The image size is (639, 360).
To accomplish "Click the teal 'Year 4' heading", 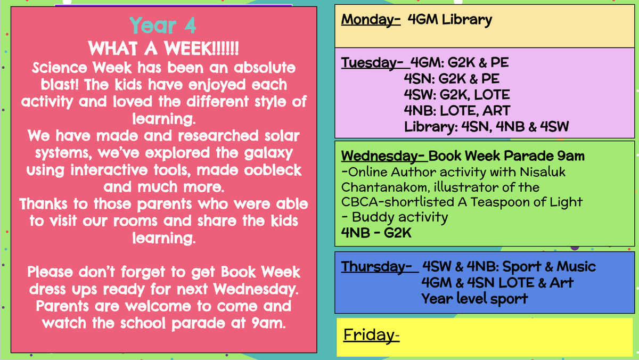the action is [163, 26].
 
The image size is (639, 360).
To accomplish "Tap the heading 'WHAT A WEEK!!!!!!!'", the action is [163, 48].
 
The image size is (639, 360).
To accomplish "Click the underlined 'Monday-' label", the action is [371, 20].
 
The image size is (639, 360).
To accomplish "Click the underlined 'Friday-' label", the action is [372, 335].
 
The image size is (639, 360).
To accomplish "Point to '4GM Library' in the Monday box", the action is [450, 20].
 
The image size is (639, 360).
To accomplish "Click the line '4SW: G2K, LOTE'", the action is [457, 95].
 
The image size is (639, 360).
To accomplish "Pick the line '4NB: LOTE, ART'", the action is [457, 111].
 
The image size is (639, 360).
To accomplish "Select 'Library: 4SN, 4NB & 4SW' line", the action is [486, 127].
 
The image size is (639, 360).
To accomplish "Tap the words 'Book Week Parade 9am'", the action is [506, 156].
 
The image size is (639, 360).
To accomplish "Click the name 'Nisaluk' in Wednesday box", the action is [543, 172].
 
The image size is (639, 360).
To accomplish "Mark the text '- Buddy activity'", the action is [395, 217].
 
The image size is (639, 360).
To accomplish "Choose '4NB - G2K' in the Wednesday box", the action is [376, 233].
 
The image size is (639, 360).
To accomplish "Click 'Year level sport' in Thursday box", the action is [474, 299].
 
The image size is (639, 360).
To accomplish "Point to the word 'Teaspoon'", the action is [500, 202].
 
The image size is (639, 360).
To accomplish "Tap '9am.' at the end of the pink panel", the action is [269, 323].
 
